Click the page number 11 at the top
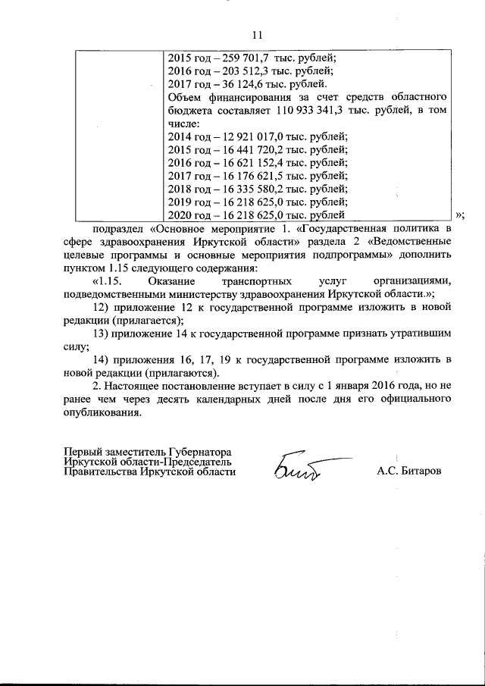pos(255,35)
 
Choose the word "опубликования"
pos(102,413)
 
